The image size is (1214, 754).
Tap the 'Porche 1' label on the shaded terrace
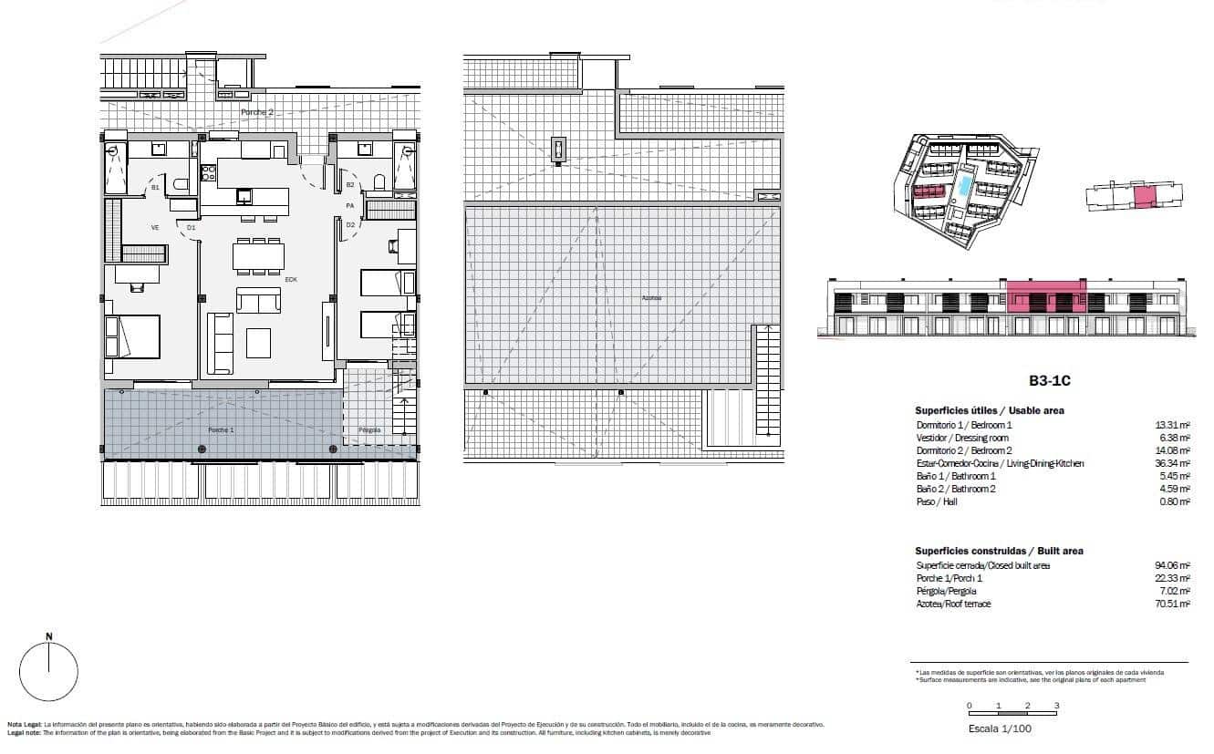[x=221, y=429]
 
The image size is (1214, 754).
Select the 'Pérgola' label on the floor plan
[x=369, y=429]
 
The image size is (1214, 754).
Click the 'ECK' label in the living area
[x=291, y=279]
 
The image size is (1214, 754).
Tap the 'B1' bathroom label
[x=155, y=188]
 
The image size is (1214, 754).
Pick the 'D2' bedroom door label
[x=349, y=225]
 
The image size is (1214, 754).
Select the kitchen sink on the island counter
[x=244, y=195]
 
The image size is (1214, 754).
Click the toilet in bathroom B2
[x=379, y=181]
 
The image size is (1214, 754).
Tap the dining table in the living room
[x=258, y=256]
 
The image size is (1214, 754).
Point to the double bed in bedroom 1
[x=133, y=336]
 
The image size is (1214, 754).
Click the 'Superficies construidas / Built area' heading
[x=999, y=552]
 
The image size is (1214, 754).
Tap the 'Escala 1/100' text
[x=1000, y=728]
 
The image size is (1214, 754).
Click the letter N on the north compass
[x=48, y=636]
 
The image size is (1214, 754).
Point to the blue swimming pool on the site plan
[x=964, y=187]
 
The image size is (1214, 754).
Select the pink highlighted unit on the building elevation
[x=1046, y=297]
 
